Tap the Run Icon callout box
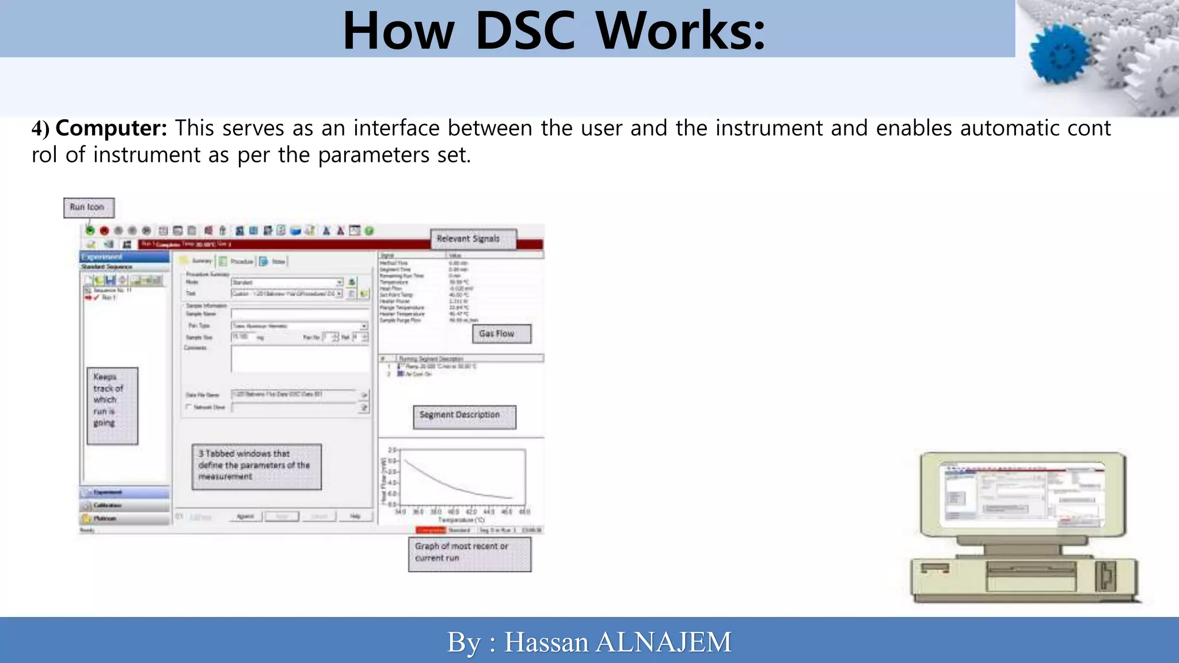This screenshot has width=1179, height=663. [88, 207]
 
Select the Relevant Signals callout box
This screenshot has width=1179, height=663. [473, 239]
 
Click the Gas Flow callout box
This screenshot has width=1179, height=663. [501, 334]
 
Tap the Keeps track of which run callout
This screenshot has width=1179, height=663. [112, 405]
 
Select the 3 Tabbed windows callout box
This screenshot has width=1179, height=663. [256, 466]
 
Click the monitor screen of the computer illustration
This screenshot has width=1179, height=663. [1021, 494]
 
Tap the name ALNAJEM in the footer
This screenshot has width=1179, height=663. [663, 642]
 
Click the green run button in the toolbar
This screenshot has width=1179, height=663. [90, 231]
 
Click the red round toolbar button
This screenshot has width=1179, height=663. [104, 231]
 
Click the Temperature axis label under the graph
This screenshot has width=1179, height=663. [461, 520]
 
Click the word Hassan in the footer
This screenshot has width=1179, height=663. [546, 642]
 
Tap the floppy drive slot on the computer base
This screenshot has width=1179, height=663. [1030, 570]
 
